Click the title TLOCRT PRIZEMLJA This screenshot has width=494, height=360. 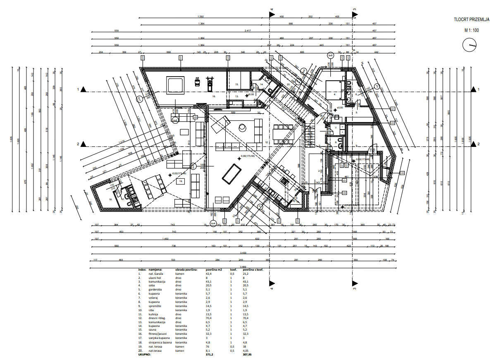coord(471,19)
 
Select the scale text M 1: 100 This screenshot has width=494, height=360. coord(471,30)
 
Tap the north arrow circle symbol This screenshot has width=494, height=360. coord(470,45)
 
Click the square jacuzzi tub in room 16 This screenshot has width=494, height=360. coord(176,84)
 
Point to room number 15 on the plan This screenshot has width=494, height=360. coord(237,84)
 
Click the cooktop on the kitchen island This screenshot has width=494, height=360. coord(284,180)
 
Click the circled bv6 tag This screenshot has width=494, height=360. coord(330,55)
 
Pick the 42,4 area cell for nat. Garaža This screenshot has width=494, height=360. coord(209,274)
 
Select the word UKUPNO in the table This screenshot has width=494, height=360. coord(145,355)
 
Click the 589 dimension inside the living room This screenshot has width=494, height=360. coord(233,112)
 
